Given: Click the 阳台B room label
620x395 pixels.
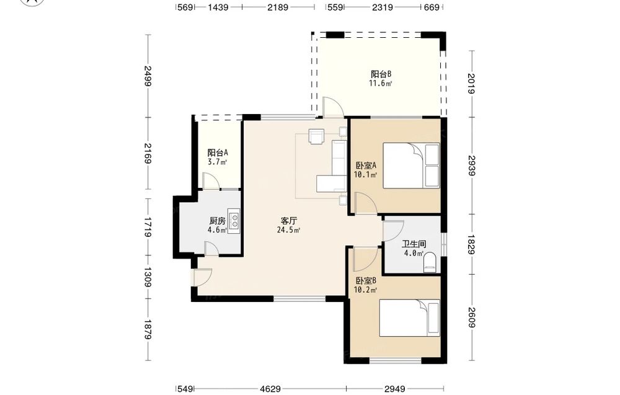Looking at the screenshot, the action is (x=381, y=74).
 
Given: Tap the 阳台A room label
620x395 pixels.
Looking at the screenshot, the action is (x=218, y=153).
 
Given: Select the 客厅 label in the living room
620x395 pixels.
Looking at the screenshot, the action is (x=289, y=221).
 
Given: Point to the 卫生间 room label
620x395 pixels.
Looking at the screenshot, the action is (x=414, y=244).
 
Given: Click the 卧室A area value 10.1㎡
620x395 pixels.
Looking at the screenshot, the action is (x=365, y=175).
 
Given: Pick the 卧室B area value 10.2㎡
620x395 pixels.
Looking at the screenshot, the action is (x=365, y=290).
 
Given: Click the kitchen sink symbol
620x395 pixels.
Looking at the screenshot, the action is (x=234, y=221).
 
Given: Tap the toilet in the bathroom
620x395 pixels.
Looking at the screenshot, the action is (x=430, y=264).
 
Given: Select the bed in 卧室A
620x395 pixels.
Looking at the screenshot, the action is (x=411, y=166).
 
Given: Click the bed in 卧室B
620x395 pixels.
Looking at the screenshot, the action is (x=410, y=317).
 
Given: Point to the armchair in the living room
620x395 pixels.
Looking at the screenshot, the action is (x=317, y=136).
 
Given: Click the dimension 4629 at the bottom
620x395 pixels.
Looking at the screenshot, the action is (x=270, y=389).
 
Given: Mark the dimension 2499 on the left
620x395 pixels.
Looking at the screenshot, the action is (x=148, y=76).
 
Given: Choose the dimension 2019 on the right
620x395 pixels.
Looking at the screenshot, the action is (x=471, y=84).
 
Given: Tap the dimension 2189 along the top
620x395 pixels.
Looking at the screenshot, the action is (x=278, y=7).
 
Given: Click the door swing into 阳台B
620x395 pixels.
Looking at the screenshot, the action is (x=332, y=107).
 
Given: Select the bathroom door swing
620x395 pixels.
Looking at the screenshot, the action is (x=393, y=229).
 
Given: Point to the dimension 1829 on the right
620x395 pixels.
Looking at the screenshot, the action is (x=471, y=244).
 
